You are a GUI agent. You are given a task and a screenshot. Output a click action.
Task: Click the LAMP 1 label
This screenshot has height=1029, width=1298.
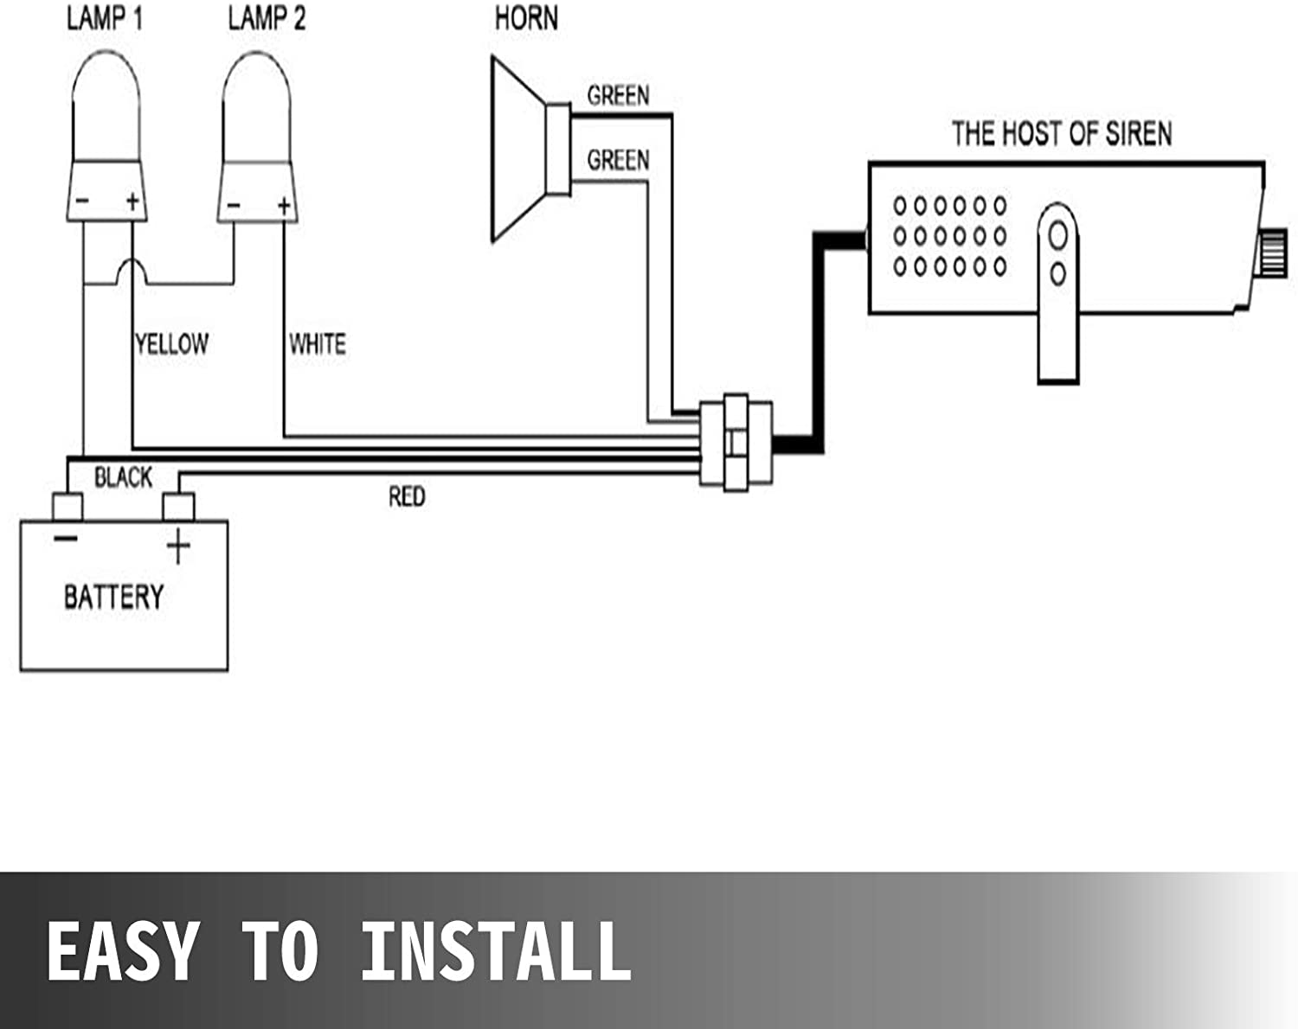[105, 19]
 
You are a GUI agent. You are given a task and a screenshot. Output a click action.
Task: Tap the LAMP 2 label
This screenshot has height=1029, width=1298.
[267, 19]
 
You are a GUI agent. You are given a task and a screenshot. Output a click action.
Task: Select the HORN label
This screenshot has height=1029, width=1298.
[527, 19]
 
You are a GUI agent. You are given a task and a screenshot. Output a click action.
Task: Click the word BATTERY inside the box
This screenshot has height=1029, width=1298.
[114, 597]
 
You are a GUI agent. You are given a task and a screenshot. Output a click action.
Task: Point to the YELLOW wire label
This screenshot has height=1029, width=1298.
[172, 344]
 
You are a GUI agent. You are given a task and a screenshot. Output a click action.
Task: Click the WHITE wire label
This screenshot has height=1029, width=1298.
[318, 344]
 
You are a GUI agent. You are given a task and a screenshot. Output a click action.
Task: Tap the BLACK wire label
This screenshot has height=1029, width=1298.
[123, 477]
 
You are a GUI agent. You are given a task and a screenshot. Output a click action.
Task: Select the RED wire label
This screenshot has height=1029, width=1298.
[407, 496]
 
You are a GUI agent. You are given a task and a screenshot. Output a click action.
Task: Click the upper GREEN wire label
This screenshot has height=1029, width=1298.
[618, 95]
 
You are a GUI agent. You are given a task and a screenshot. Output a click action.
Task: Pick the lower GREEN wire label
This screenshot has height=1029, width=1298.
[618, 160]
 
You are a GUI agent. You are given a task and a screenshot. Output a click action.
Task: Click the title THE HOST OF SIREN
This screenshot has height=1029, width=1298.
[1062, 134]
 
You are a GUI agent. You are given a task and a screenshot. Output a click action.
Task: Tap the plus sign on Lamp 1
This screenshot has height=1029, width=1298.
[132, 201]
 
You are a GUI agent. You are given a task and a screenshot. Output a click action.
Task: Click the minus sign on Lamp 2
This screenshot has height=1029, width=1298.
[234, 206]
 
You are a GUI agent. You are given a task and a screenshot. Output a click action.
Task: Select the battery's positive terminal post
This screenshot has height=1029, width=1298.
[178, 507]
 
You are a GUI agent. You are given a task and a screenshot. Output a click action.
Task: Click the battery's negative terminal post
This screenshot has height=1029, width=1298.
[67, 507]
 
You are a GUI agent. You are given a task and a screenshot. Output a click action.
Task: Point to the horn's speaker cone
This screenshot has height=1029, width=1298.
[518, 150]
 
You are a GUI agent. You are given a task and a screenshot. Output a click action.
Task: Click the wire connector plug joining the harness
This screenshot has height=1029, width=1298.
[736, 443]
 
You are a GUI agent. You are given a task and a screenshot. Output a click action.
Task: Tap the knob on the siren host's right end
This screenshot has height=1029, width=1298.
[1271, 253]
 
